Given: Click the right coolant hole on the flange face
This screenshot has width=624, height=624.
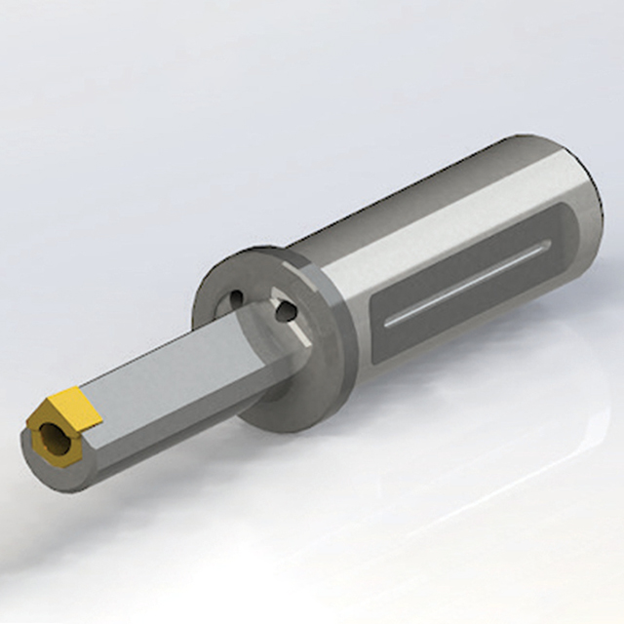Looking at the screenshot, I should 284,311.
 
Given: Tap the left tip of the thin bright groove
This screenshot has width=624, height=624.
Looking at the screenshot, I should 388,321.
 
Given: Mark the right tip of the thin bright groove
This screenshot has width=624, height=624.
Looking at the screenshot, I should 542,252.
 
